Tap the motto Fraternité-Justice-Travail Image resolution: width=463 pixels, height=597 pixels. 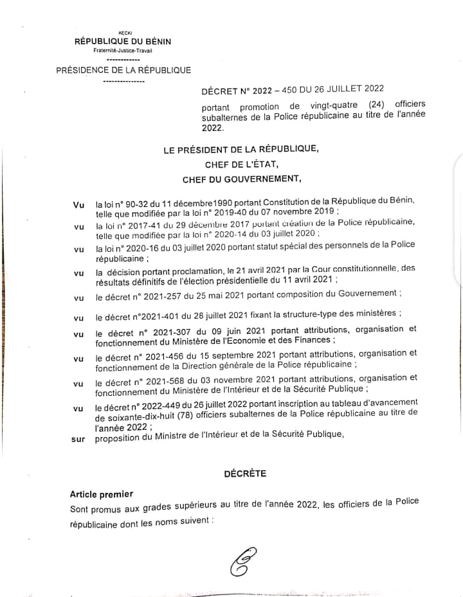(123, 50)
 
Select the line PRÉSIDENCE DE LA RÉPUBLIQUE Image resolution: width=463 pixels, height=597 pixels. (123, 70)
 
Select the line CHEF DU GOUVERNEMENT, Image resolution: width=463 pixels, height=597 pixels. (242, 179)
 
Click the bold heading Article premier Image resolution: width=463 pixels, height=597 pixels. (102, 494)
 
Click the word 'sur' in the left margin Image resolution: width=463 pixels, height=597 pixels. (78, 440)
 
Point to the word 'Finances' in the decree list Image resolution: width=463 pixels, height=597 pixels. (311, 339)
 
